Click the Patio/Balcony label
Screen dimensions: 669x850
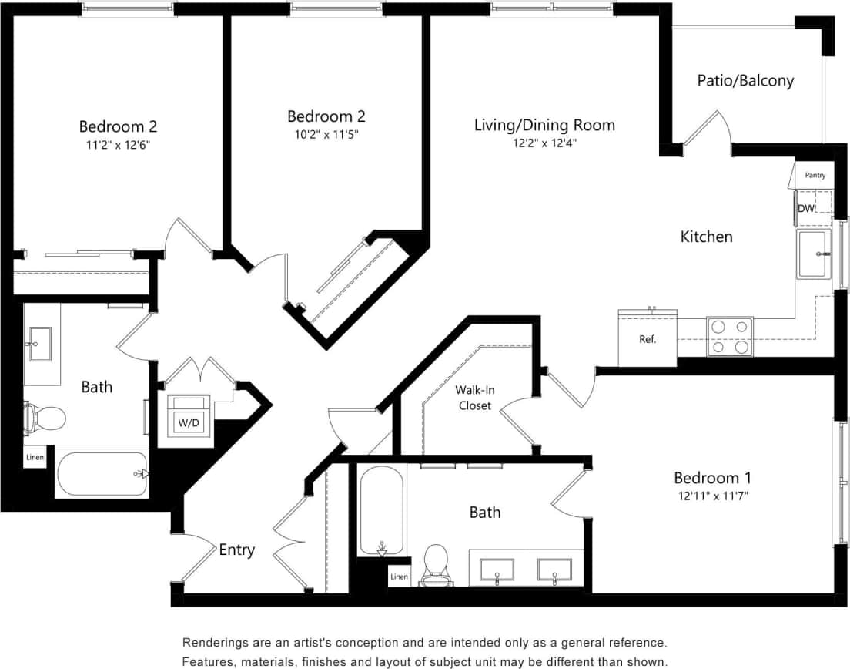coord(745,80)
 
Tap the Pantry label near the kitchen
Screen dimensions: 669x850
coord(815,176)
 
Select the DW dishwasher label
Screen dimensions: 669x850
coord(805,208)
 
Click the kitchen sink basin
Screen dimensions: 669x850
coord(814,254)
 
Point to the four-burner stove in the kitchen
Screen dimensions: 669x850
coord(730,336)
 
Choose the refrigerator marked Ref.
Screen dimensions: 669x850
coord(648,338)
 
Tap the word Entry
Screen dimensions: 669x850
coord(236,550)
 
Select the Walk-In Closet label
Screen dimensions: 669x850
coord(475,398)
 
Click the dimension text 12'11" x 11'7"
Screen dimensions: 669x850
coord(712,496)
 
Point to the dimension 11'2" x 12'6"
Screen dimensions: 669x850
coord(118,144)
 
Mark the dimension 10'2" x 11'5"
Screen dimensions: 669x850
coord(326,134)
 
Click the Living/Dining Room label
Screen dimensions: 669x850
coord(544,124)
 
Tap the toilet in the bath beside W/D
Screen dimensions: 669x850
coord(46,417)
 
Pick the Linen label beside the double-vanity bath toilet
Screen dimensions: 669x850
coord(399,577)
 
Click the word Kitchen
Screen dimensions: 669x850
coord(706,237)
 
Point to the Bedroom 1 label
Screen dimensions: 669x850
coord(712,477)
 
